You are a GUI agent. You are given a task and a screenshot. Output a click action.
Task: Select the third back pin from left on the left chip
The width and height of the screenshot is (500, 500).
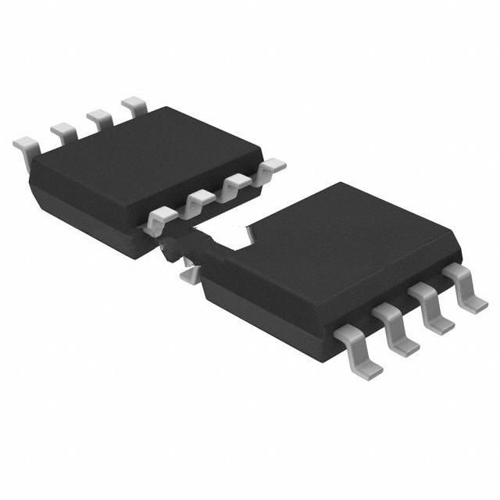[99, 117]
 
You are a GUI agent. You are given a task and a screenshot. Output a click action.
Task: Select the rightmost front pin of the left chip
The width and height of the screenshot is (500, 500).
[271, 166]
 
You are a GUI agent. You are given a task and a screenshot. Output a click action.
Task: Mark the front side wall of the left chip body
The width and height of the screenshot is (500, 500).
[86, 211]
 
